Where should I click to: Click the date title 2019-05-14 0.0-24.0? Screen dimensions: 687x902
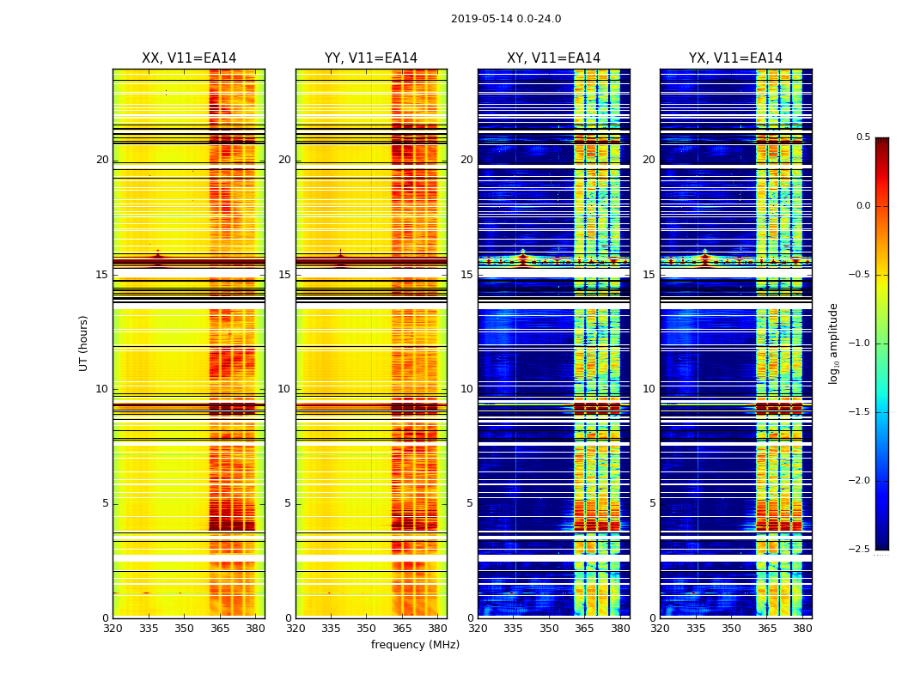coord(506,19)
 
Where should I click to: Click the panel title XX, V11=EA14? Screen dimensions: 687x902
coord(189,58)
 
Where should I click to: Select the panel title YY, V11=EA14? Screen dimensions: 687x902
coord(371,58)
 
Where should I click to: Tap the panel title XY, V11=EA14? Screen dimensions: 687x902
coord(553,58)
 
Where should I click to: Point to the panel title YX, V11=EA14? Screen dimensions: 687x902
coord(735,58)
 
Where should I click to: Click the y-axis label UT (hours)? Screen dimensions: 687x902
coord(84,343)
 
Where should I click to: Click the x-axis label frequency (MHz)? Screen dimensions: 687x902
coord(415,645)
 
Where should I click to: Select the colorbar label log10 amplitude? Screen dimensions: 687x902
coord(833,343)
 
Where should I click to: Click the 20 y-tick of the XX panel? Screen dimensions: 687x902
coord(102,160)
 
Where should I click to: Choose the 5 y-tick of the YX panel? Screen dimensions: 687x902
coord(652,503)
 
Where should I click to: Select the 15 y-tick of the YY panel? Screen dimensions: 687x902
coord(284,275)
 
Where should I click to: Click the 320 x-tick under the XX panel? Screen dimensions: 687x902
coord(113,628)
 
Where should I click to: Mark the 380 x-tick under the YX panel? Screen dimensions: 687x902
coord(802,628)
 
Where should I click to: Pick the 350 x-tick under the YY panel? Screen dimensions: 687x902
coord(367,628)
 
